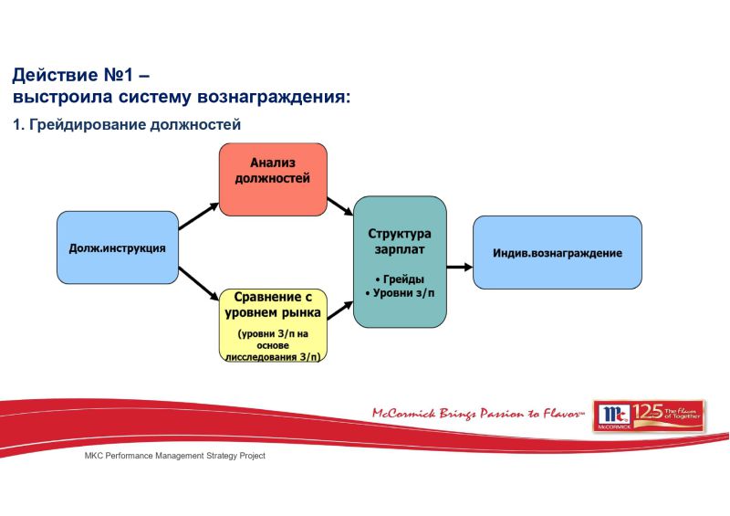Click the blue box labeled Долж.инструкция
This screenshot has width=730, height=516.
pos(117,247)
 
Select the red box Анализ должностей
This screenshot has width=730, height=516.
pos(272,179)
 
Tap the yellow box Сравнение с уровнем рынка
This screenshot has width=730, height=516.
pos(273,324)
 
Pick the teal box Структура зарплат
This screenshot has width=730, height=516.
pos(400,261)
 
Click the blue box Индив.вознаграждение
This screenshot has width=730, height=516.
pos(558,253)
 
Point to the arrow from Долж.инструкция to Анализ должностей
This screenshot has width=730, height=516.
pos(198,216)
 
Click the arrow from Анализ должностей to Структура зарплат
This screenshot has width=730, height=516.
pos(340,206)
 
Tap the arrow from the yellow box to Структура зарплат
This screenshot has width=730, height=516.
pos(340,309)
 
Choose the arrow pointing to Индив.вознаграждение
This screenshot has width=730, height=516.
pos(459,267)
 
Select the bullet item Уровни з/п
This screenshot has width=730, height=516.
pos(400,293)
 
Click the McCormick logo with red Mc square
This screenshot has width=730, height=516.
pos(612,416)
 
